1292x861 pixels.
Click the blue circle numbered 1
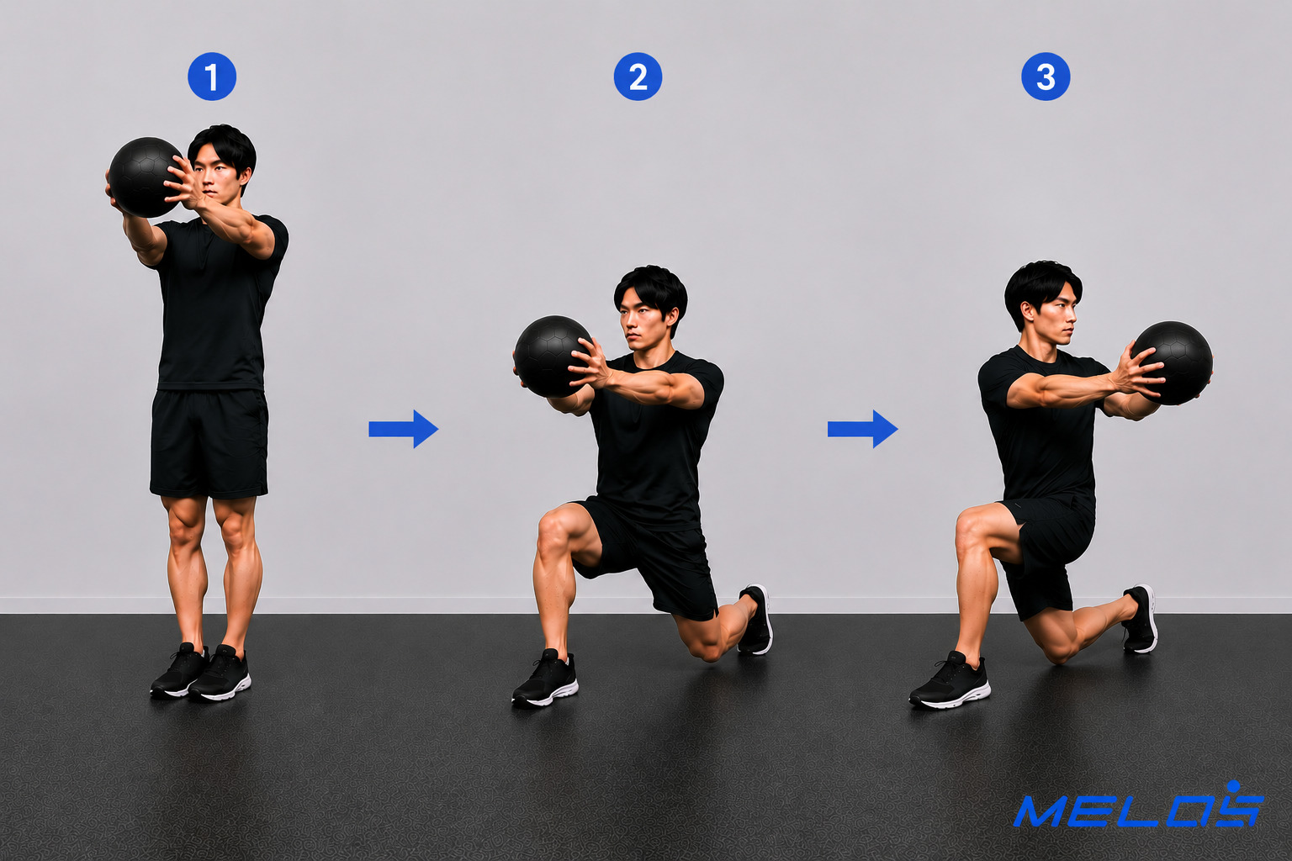(x=212, y=77)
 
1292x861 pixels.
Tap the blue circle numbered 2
(x=638, y=77)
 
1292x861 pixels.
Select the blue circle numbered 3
(x=1046, y=77)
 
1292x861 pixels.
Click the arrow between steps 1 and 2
(x=404, y=429)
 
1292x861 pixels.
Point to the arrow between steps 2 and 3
(x=862, y=429)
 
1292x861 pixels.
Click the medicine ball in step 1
(x=146, y=177)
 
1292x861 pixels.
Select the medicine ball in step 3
(x=1172, y=362)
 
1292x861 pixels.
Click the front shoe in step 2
(x=545, y=679)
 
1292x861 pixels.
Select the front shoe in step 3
(x=950, y=681)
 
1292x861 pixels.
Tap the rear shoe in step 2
(x=755, y=620)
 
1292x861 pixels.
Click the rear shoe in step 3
(x=1141, y=619)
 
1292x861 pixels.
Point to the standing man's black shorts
(x=209, y=443)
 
